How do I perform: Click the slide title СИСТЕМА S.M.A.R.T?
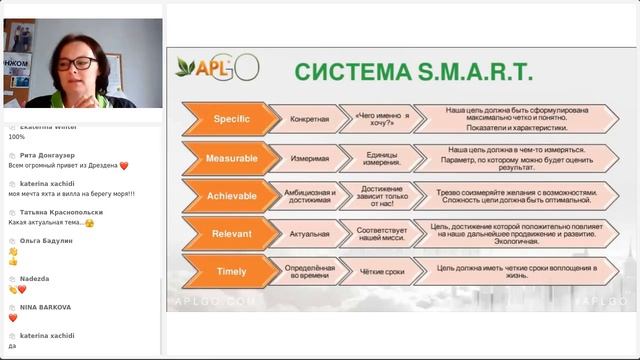[x=412, y=72]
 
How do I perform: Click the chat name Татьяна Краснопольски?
[x=54, y=213]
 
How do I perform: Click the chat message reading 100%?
[x=17, y=137]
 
